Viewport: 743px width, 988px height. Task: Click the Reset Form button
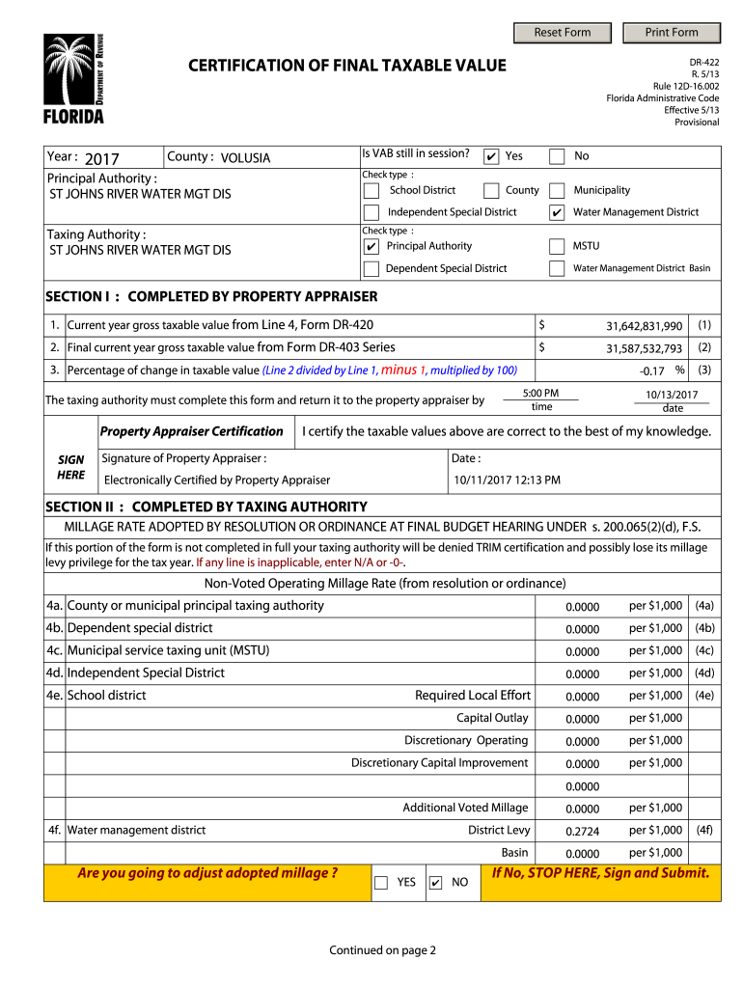[563, 33]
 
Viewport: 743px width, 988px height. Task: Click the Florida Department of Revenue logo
[72, 79]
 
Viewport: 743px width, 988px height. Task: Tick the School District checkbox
[371, 191]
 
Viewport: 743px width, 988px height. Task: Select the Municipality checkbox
[557, 191]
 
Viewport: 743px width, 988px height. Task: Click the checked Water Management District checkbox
[557, 212]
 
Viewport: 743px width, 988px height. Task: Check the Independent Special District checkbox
[371, 212]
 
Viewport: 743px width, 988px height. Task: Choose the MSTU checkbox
[557, 247]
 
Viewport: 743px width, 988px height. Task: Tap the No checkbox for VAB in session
[557, 156]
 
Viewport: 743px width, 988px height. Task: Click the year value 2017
[101, 159]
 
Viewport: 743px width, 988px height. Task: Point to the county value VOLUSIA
[245, 158]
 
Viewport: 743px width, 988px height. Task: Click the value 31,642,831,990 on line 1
[644, 327]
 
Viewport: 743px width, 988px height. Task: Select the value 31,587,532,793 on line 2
[644, 349]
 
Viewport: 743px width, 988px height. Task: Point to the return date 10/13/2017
[672, 395]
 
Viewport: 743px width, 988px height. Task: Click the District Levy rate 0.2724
[582, 832]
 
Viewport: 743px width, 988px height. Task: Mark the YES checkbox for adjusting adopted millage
[381, 883]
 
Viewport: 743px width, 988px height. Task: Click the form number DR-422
[703, 62]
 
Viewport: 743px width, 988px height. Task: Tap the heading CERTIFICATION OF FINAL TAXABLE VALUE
[346, 66]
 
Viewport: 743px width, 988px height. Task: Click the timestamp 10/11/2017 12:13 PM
[507, 480]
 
